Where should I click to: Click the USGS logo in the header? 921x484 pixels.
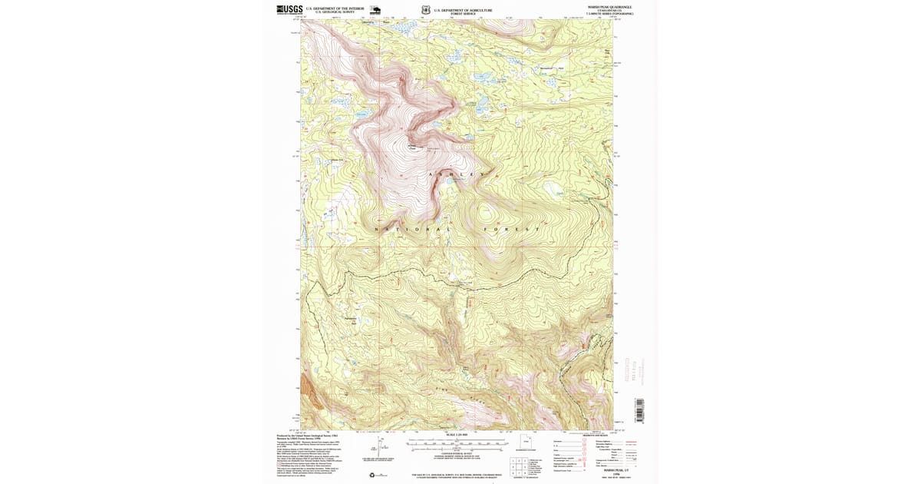[x=289, y=10]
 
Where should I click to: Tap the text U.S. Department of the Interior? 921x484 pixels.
[x=332, y=8]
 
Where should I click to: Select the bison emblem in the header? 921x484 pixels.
[x=375, y=11]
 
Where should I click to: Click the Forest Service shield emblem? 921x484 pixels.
[x=425, y=11]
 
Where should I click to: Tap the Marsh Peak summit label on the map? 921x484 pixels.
[x=412, y=148]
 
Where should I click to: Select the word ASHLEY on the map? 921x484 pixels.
[x=451, y=175]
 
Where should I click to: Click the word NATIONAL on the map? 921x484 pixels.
[x=412, y=229]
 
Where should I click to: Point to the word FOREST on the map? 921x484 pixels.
[x=512, y=229]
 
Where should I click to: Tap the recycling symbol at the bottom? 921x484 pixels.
[x=373, y=474]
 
